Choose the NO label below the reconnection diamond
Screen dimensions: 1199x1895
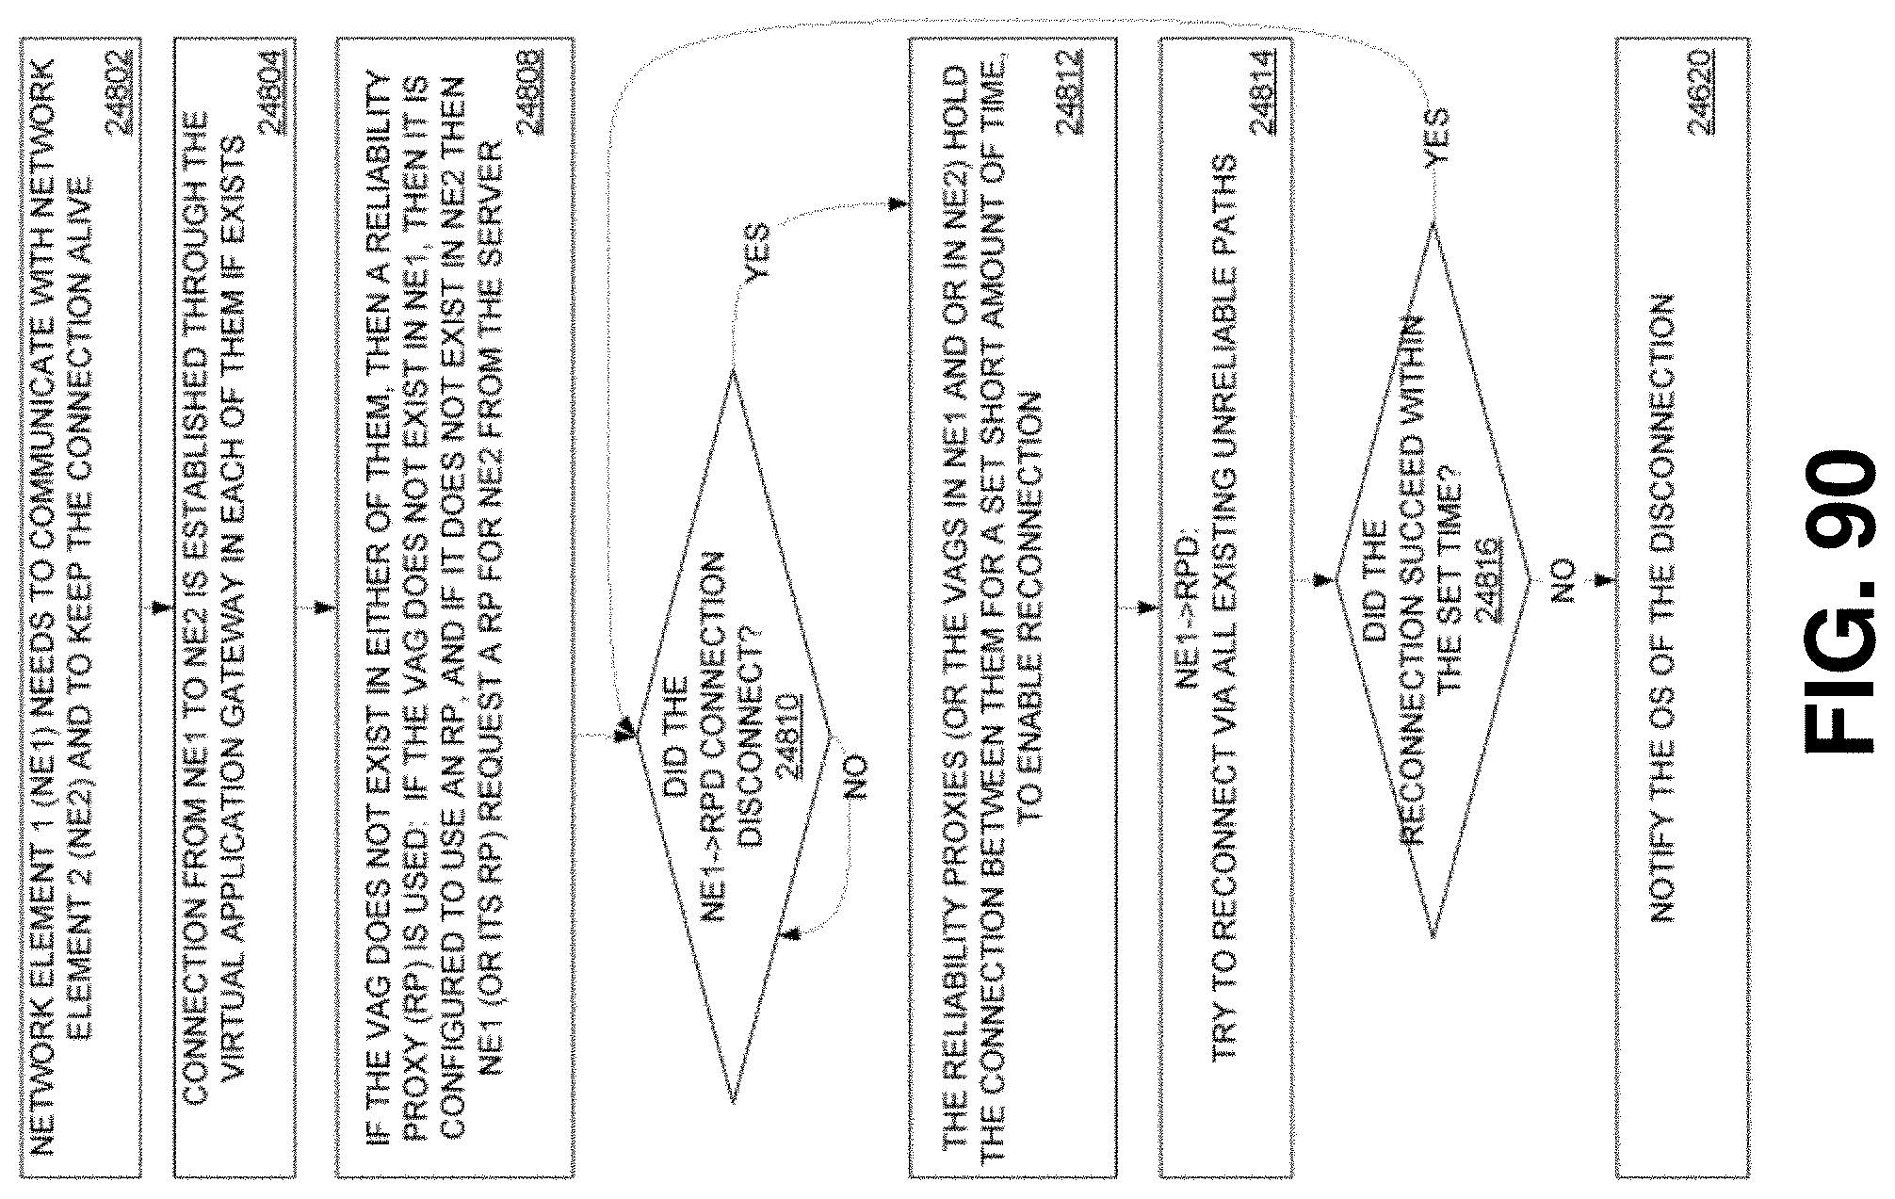pos(1561,580)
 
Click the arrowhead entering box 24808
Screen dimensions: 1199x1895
pos(325,608)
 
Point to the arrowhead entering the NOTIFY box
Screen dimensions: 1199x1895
pos(1607,580)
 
